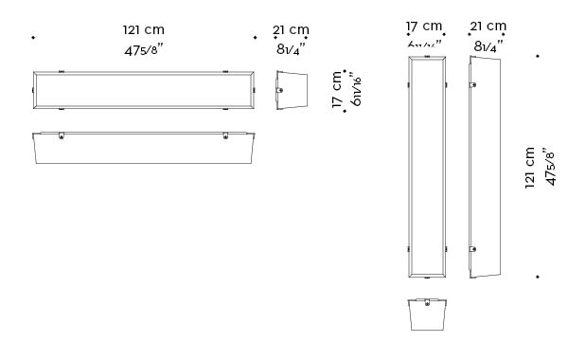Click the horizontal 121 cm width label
coord(143,30)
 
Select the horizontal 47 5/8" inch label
coord(143,50)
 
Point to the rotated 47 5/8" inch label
coord(550,168)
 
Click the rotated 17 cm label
coord(338,90)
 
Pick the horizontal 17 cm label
coord(424,26)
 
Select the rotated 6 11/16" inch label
coord(356,90)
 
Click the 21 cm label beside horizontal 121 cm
coord(291,30)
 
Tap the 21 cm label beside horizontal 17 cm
coord(488,26)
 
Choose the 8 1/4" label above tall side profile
coord(488,44)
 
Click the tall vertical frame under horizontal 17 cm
coord(426,168)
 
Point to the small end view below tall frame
coord(426,316)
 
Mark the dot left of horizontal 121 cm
coord(33,38)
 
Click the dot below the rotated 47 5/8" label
coord(538,277)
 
